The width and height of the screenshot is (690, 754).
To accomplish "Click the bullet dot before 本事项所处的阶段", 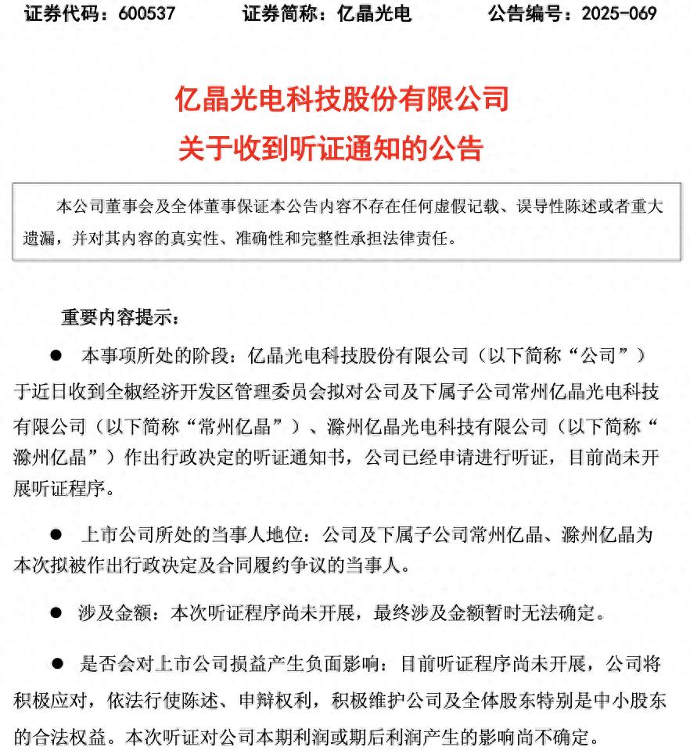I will click(56, 356).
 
